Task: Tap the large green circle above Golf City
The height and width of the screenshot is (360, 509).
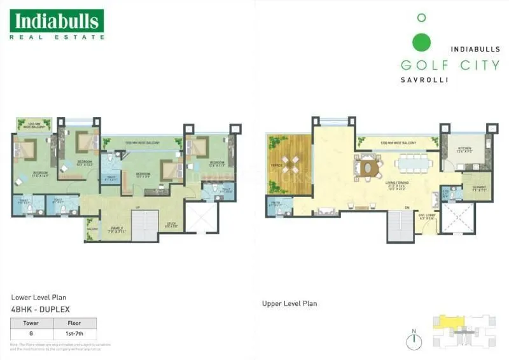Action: coord(421,43)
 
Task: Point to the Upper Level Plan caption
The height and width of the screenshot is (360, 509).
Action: coord(289,303)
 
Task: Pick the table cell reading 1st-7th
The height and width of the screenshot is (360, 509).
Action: coord(76,333)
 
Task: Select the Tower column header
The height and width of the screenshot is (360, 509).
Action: coord(32,322)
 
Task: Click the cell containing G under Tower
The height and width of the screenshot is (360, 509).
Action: coord(32,333)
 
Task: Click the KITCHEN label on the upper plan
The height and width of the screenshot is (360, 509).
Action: coord(466,150)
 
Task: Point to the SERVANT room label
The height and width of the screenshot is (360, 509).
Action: coord(480,188)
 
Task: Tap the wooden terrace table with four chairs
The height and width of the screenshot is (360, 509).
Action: coord(290,165)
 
